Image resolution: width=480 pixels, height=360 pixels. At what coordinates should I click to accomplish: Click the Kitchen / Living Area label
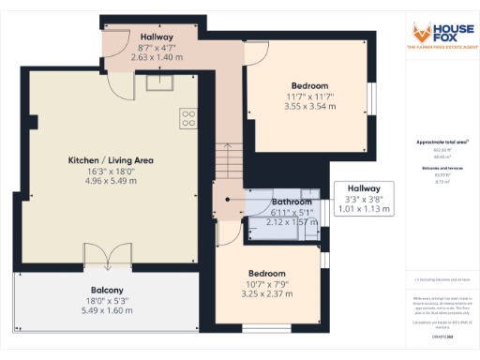point(111,160)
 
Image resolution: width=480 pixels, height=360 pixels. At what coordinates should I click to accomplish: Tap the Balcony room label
point(107,290)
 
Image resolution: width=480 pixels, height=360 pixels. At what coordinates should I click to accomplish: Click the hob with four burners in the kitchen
point(188,118)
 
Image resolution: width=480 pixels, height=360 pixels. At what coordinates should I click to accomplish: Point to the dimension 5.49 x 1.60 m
point(107,310)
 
